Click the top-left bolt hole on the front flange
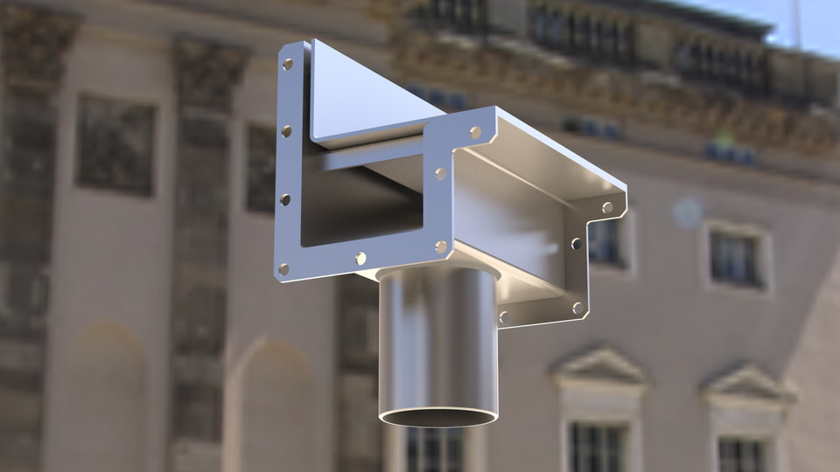[x=287, y=64]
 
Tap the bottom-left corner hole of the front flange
[x=283, y=268]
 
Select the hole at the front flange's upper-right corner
[x=475, y=133]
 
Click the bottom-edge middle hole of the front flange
[x=360, y=258]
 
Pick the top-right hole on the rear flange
[x=607, y=208]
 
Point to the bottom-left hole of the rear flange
[x=502, y=316]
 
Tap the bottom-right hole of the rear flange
[x=577, y=307]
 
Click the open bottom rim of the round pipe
[x=438, y=418]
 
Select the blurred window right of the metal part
[x=734, y=258]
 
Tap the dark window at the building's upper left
[x=115, y=144]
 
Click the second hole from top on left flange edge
[x=286, y=131]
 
